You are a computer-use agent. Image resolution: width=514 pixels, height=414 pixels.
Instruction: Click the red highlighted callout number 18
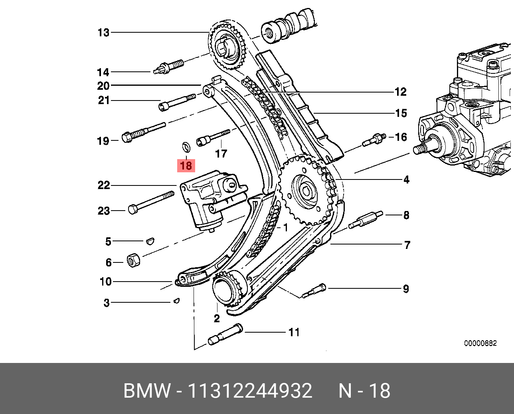coord(186,165)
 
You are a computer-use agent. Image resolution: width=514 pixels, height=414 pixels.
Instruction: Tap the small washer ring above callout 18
coord(186,146)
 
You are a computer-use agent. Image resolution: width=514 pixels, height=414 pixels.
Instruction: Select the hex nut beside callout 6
coord(133,260)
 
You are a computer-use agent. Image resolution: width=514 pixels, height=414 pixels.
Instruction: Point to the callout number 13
coord(103,33)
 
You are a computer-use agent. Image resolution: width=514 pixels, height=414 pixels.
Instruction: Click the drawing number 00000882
coord(480,343)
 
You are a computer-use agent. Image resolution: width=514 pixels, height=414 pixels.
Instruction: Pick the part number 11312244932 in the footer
coord(250,391)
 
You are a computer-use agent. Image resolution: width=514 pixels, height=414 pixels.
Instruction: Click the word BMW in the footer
coord(146,391)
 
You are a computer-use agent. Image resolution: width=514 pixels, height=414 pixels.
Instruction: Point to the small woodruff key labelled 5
coord(150,241)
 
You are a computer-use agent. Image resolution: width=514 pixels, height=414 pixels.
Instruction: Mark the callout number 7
coord(407,245)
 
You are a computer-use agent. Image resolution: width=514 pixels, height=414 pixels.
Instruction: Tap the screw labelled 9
coord(314,291)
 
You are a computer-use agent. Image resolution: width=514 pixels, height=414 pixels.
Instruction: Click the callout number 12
coord(400,92)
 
